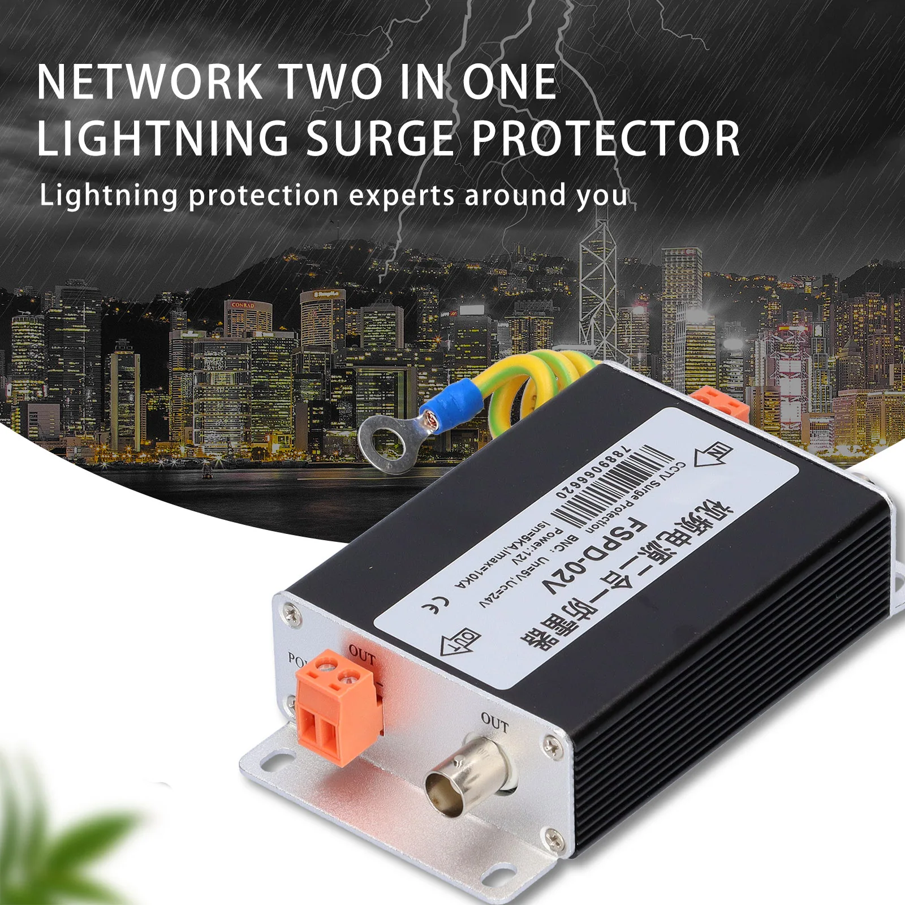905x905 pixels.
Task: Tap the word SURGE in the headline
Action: (x=380, y=139)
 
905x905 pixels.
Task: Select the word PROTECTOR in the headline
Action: (x=605, y=139)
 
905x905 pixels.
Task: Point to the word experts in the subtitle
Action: (x=402, y=196)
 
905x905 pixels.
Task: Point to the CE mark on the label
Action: (x=436, y=605)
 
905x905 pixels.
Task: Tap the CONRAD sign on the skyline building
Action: (x=243, y=305)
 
